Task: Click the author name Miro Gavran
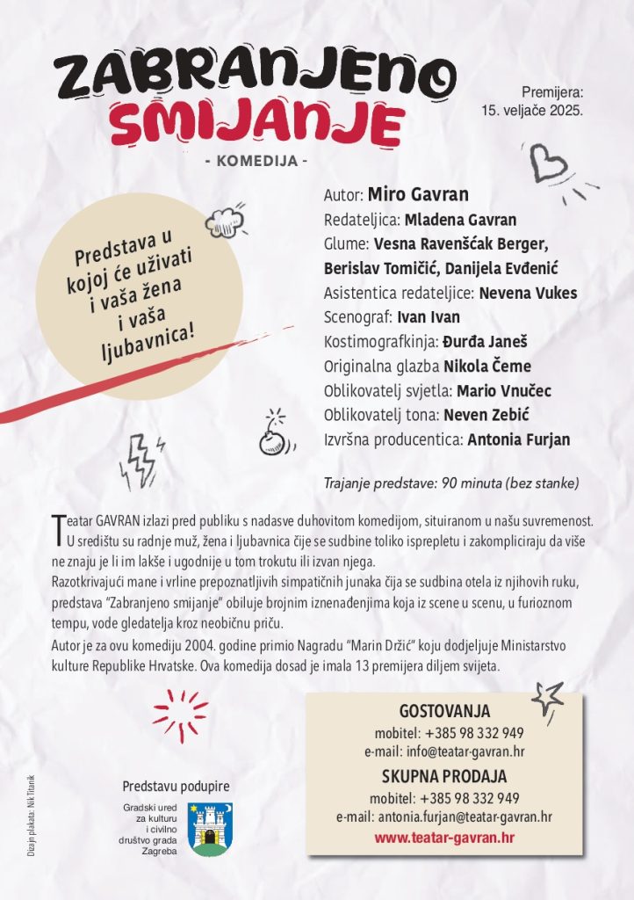click(418, 194)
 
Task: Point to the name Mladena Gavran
click(460, 220)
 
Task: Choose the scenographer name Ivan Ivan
click(429, 317)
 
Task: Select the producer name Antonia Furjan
click(519, 439)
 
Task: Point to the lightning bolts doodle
click(140, 460)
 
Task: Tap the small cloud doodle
click(224, 221)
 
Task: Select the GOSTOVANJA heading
click(444, 712)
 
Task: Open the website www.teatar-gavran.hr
click(444, 837)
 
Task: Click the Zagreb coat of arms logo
click(211, 829)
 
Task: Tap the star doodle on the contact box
click(547, 699)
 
